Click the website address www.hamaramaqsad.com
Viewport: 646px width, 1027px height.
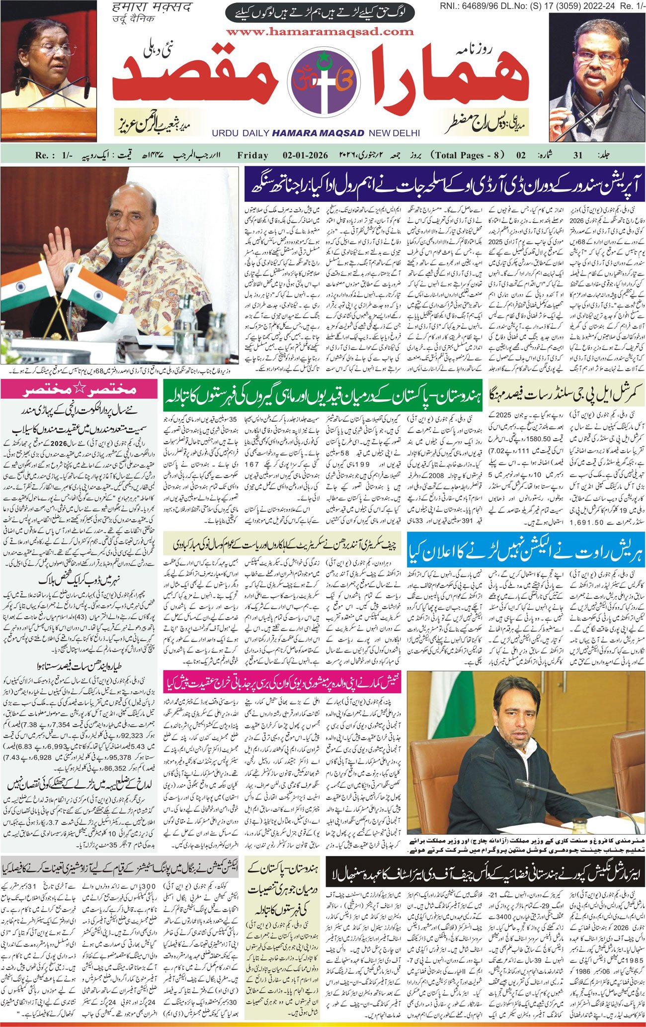[x=320, y=31]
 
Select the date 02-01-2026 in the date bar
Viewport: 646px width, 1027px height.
[x=305, y=155]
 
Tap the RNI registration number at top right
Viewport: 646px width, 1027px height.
[x=542, y=5]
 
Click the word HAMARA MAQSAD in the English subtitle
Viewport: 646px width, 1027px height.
[x=318, y=133]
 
